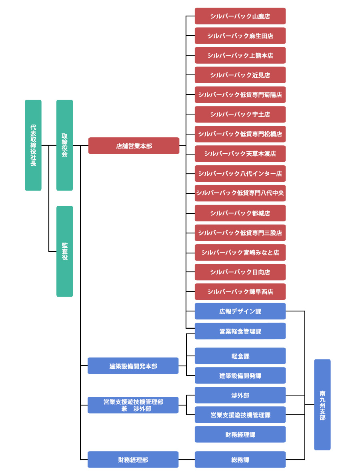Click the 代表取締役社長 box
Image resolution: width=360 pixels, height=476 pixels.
[33, 145]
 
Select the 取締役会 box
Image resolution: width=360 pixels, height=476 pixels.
[64, 145]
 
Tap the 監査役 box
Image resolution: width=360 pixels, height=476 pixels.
[64, 251]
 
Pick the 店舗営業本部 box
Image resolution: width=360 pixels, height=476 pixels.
[134, 146]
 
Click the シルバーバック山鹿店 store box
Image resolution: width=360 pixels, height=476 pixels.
[240, 16]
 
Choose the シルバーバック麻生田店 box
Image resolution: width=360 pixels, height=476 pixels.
[240, 36]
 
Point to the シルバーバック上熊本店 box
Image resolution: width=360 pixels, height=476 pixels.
[240, 55]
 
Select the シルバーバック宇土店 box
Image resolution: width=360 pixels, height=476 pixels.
[240, 114]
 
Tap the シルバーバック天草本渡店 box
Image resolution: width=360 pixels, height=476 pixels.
[240, 154]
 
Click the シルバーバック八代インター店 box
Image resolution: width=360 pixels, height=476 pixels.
[240, 173]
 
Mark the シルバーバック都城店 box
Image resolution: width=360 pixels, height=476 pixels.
[240, 213]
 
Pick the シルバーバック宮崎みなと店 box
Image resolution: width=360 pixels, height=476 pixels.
[240, 253]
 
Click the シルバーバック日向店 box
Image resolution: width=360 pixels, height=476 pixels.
[240, 272]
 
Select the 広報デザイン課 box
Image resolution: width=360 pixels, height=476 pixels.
[240, 311]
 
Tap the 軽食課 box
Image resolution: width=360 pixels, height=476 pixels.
[240, 356]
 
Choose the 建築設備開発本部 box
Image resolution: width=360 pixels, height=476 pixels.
[133, 366]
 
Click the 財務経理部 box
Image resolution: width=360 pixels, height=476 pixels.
[133, 460]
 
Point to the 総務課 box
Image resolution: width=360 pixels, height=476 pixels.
[240, 460]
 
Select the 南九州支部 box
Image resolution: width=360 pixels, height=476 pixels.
[322, 405]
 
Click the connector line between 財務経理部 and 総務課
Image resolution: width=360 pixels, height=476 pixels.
[186, 460]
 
